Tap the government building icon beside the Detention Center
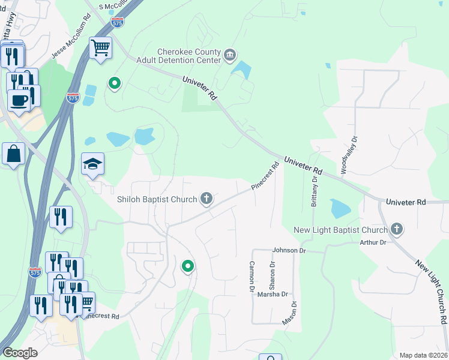(x=230, y=56)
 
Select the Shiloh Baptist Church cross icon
(x=206, y=199)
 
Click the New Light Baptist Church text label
(x=340, y=230)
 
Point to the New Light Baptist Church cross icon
(x=396, y=229)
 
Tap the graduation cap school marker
(x=93, y=164)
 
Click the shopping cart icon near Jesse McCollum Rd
(x=100, y=47)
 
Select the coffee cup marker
(x=19, y=101)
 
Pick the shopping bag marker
(x=13, y=154)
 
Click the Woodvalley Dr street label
(x=349, y=155)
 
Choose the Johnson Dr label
(x=289, y=250)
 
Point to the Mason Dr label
(x=290, y=315)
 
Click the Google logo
(x=20, y=353)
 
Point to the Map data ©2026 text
(x=423, y=355)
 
